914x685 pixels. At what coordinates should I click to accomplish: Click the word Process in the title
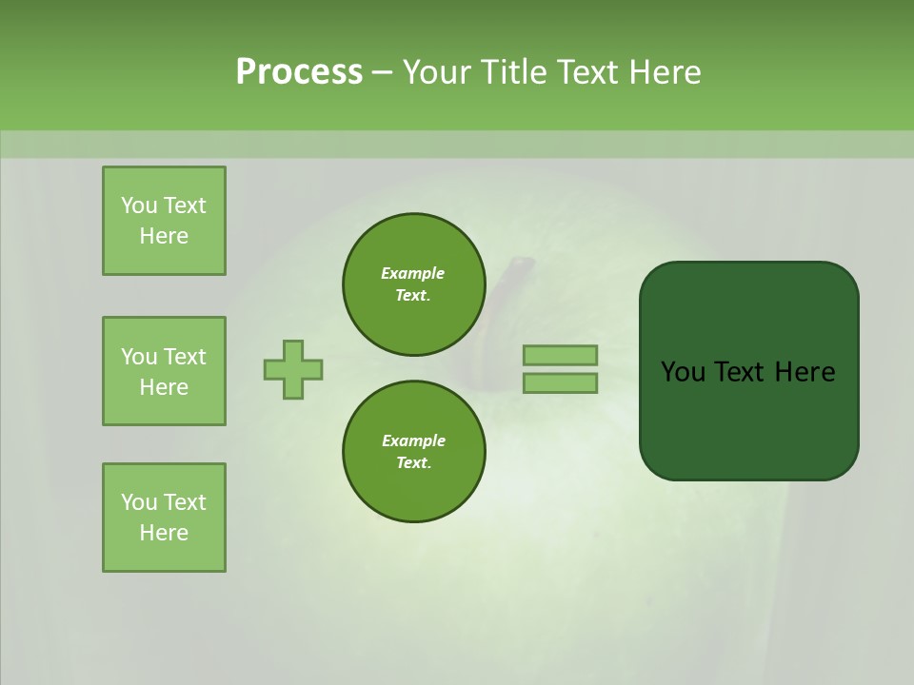pos(299,71)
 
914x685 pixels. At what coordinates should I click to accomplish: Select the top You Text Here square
pos(164,221)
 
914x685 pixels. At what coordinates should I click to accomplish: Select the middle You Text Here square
pos(164,371)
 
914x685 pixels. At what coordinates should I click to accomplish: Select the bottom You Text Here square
pos(164,518)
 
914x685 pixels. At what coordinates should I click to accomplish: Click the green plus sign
pos(293,369)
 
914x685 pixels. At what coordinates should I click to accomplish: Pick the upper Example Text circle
pos(413,284)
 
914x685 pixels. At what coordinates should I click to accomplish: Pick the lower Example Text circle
pos(413,451)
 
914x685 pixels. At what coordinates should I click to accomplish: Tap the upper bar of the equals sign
pos(561,355)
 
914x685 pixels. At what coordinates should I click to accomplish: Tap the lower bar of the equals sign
pos(561,383)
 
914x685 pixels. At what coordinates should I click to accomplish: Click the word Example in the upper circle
pos(413,273)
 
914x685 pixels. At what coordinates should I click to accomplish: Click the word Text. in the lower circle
pos(413,463)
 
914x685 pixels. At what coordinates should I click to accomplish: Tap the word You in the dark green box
pos(682,372)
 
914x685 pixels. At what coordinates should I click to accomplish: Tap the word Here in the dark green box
pos(805,372)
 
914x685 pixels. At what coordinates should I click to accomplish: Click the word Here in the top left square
pos(164,236)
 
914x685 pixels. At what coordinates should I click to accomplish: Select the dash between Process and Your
pos(383,72)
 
